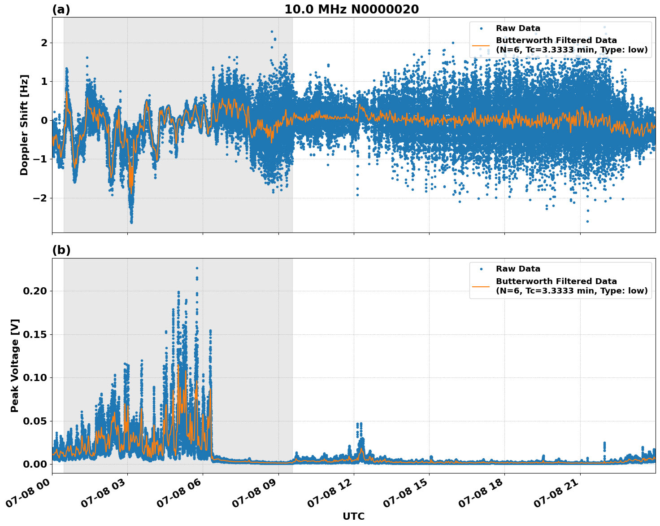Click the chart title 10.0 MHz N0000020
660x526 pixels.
351,9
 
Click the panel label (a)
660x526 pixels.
61,9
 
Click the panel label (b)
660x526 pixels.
61,250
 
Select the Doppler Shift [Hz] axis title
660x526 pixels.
24,125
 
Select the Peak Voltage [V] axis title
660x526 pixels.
15,366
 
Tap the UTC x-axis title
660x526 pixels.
353,516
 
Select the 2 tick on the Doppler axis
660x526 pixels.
44,43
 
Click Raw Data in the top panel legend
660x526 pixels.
518,28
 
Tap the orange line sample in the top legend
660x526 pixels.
481,45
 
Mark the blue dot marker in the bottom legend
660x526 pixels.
481,269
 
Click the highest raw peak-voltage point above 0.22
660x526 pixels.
197,268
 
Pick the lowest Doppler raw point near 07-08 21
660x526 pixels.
587,221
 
